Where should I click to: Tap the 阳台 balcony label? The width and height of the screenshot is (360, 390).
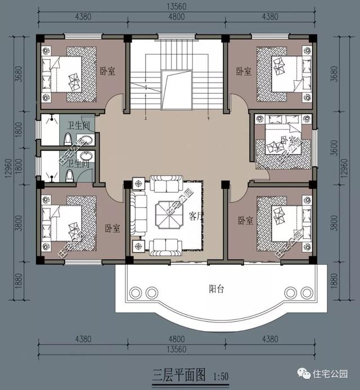point(217,289)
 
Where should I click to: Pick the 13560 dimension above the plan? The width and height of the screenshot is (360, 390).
point(176,8)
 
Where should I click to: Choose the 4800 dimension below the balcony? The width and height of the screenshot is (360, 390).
point(176,339)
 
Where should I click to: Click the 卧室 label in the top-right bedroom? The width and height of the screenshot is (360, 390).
point(244,72)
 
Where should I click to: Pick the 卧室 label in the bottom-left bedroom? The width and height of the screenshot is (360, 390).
point(112,228)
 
